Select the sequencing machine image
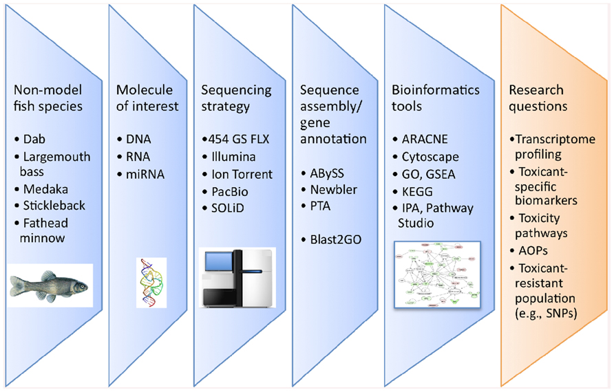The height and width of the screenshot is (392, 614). pyautogui.click(x=237, y=276)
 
